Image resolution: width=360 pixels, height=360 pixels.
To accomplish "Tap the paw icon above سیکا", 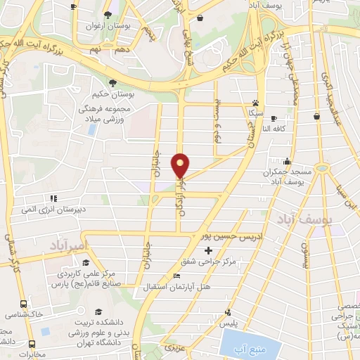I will coord(254,102).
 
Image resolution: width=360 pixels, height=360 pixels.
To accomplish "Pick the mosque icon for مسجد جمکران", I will coord(286,162).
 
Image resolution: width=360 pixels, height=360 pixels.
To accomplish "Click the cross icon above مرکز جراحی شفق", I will coord(207,250).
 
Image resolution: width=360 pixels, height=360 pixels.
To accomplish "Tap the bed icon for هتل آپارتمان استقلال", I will coord(176,276).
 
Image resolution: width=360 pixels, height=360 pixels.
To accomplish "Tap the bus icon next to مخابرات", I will coord(32,345).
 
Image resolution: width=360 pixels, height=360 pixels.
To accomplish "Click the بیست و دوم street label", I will coord(217,127).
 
